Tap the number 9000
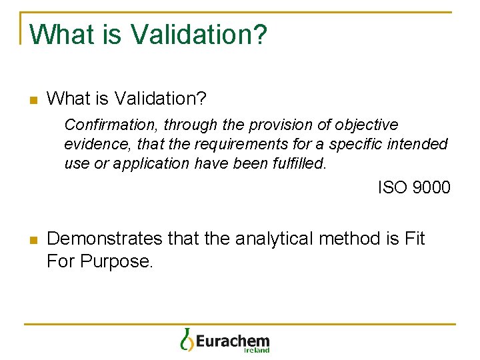tap(431, 187)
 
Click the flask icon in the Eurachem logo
tap(186, 339)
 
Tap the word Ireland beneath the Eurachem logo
tap(256, 350)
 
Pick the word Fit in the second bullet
tap(414, 239)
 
